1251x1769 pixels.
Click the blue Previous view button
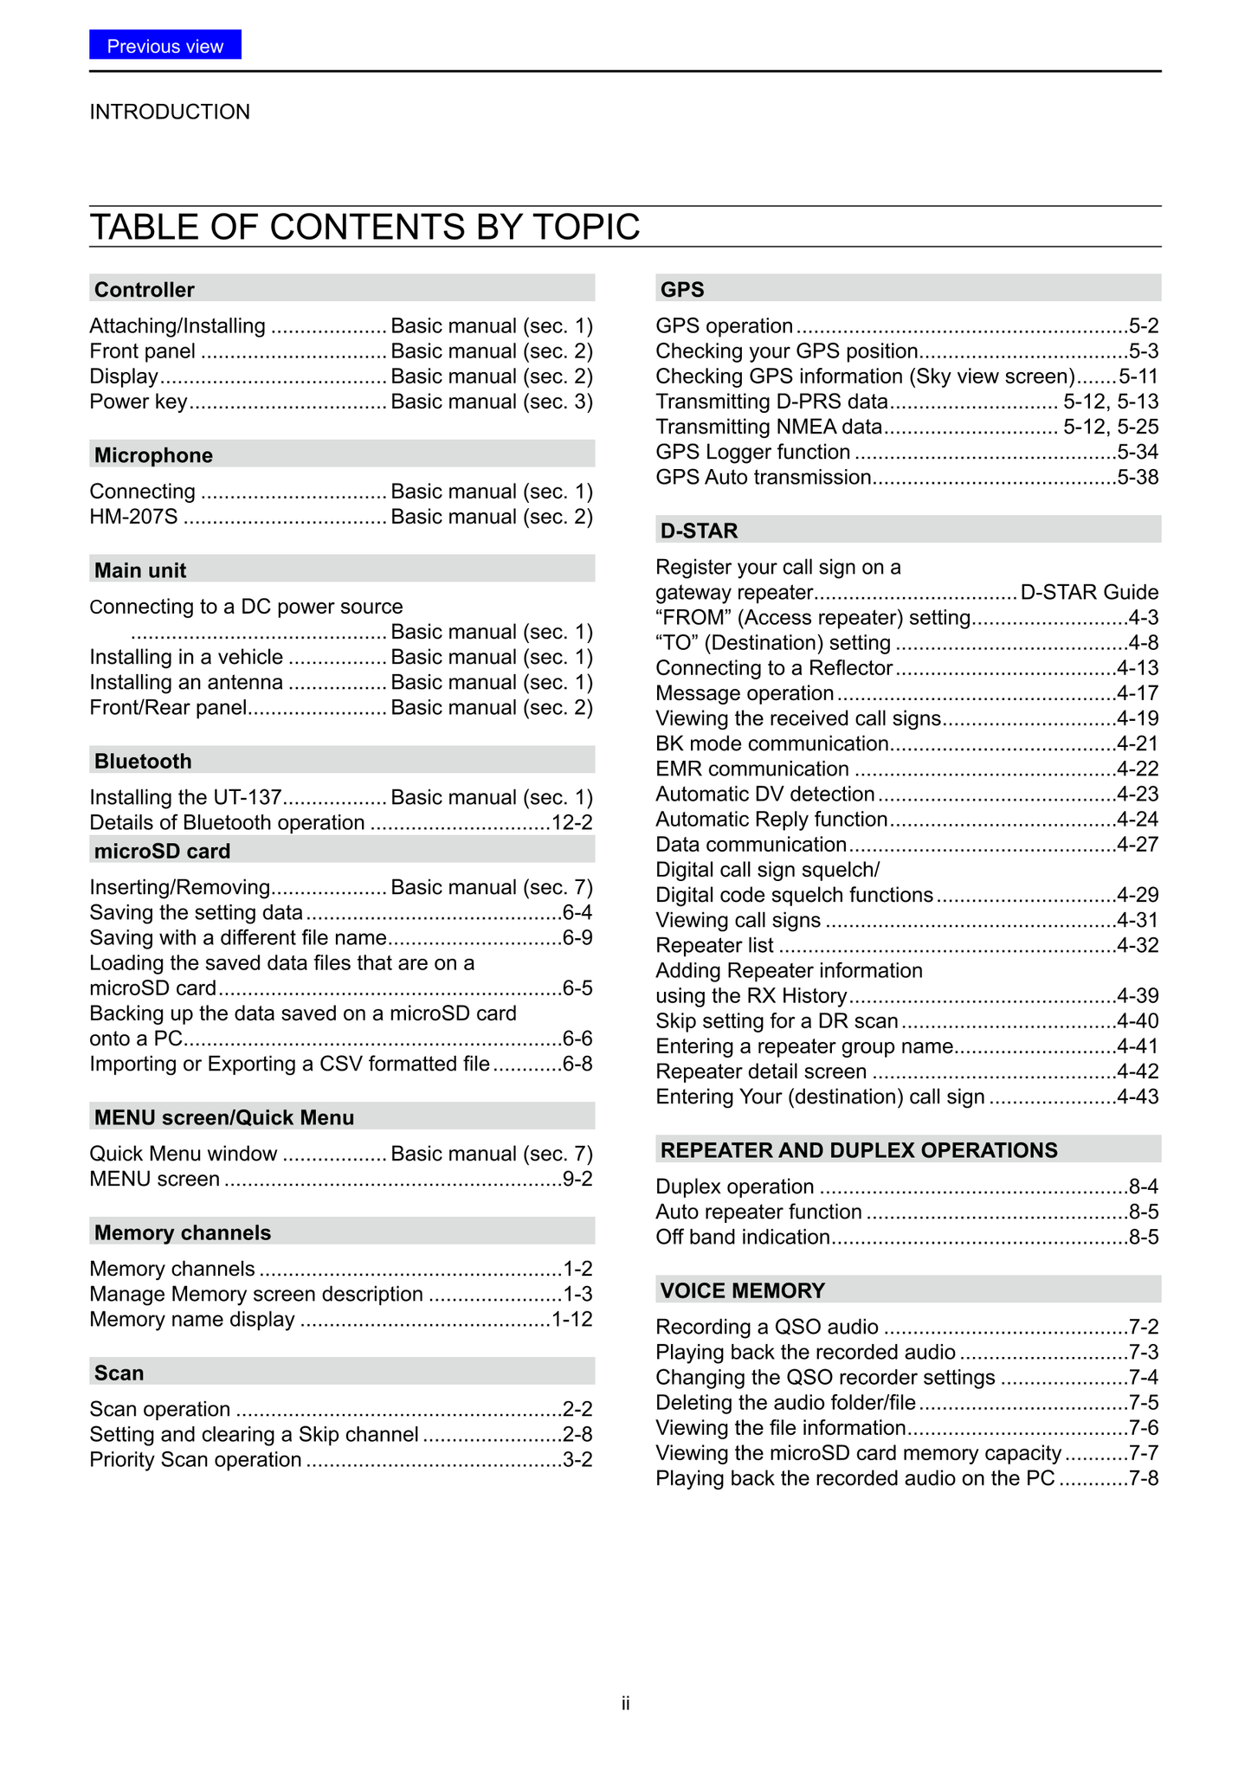pyautogui.click(x=164, y=45)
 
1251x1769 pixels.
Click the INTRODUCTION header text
pyautogui.click(x=170, y=112)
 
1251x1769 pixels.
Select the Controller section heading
pyautogui.click(x=145, y=289)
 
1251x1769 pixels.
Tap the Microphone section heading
pyautogui.click(x=153, y=455)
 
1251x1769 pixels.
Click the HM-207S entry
pyautogui.click(x=133, y=517)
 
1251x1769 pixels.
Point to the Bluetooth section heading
pyautogui.click(x=143, y=761)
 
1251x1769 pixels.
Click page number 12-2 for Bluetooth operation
pyautogui.click(x=572, y=822)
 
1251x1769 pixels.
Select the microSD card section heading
pyautogui.click(x=162, y=851)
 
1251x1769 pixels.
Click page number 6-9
pyautogui.click(x=577, y=937)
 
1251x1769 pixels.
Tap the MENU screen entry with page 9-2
pyautogui.click(x=155, y=1179)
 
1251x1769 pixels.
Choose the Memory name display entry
pyautogui.click(x=192, y=1319)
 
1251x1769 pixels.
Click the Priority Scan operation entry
pyautogui.click(x=196, y=1459)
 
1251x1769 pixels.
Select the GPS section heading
pyautogui.click(x=682, y=289)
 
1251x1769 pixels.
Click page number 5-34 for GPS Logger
pyautogui.click(x=1138, y=452)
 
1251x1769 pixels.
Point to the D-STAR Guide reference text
pyautogui.click(x=1089, y=592)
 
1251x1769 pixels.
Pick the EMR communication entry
pyautogui.click(x=752, y=769)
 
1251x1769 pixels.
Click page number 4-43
pyautogui.click(x=1138, y=1097)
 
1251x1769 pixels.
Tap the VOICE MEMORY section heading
pyautogui.click(x=742, y=1290)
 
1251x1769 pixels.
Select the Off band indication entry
pyautogui.click(x=743, y=1237)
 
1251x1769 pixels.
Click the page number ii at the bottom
pyautogui.click(x=625, y=1703)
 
